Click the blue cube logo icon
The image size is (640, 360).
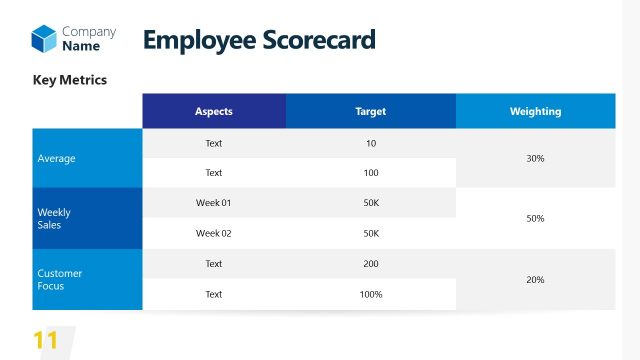tap(43, 39)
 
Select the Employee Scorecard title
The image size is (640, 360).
tap(259, 40)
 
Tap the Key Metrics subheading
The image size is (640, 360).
tap(70, 79)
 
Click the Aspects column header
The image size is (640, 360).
tap(213, 111)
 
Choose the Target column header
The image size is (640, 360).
tap(370, 111)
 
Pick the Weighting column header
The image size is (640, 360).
tap(535, 111)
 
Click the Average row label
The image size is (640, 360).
tap(56, 158)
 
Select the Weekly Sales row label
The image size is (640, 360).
tap(54, 218)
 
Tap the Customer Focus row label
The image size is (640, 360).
tap(59, 279)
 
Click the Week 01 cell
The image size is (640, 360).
tap(213, 203)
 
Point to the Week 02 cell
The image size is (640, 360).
tap(213, 233)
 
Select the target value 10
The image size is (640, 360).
tap(371, 143)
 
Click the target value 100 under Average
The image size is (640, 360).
tap(371, 173)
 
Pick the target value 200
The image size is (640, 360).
tap(371, 264)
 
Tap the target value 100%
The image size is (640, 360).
tap(371, 294)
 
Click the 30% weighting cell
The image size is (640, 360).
tap(535, 158)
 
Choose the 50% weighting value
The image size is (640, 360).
tap(535, 218)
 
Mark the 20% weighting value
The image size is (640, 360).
tap(535, 279)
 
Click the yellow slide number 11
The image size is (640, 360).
tap(46, 340)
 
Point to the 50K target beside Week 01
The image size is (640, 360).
tap(371, 203)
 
